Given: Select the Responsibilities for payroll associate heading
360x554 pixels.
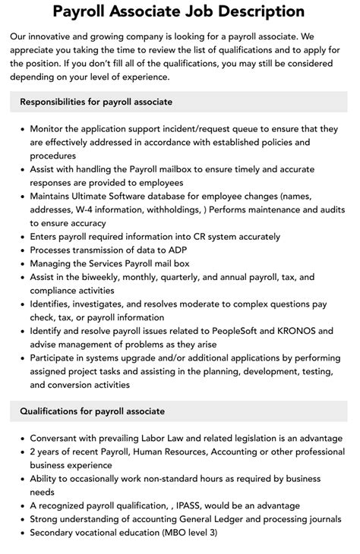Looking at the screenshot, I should coord(96,102).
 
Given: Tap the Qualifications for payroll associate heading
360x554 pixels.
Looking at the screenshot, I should coord(92,411).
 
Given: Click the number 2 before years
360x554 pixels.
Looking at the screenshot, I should coord(33,452).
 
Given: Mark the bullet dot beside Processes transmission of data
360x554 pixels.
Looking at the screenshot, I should coord(20,250).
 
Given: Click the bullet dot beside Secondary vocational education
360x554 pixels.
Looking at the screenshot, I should coord(20,533).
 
